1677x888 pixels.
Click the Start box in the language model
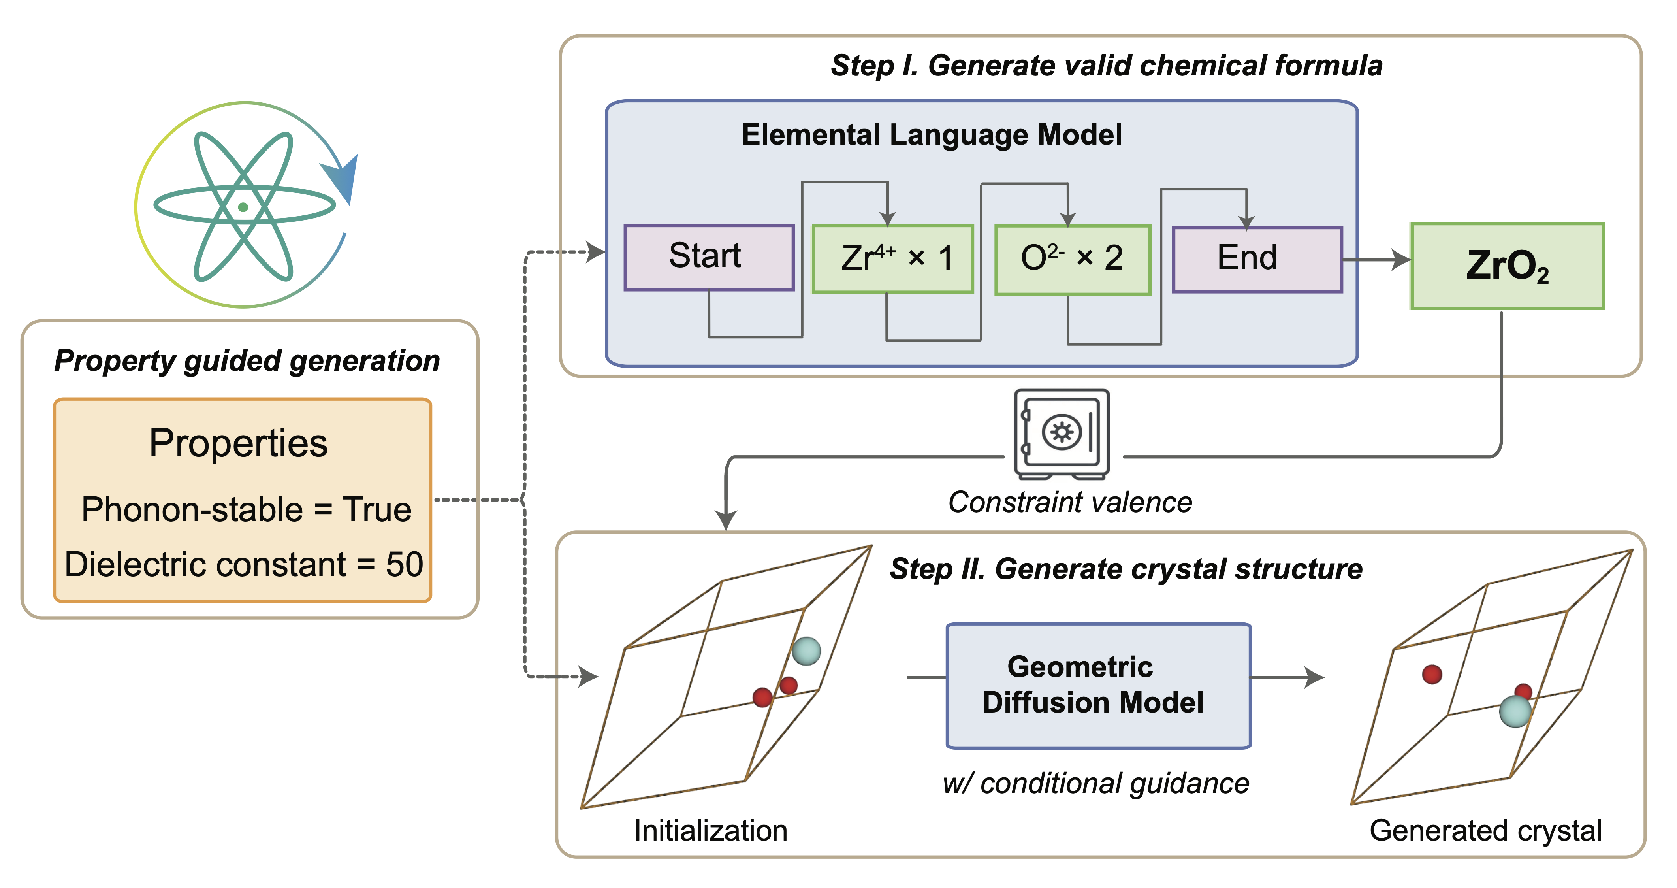708,257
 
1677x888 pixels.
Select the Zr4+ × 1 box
892,258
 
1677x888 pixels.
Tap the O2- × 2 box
1072,260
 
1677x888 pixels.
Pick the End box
1256,259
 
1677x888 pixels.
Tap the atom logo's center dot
243,207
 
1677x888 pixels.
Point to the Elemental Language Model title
932,135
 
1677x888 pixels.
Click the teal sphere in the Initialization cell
806,650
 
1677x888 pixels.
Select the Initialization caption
710,831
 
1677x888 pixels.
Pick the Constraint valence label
1070,503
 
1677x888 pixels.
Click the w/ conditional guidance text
1095,783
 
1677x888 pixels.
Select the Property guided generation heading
247,361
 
